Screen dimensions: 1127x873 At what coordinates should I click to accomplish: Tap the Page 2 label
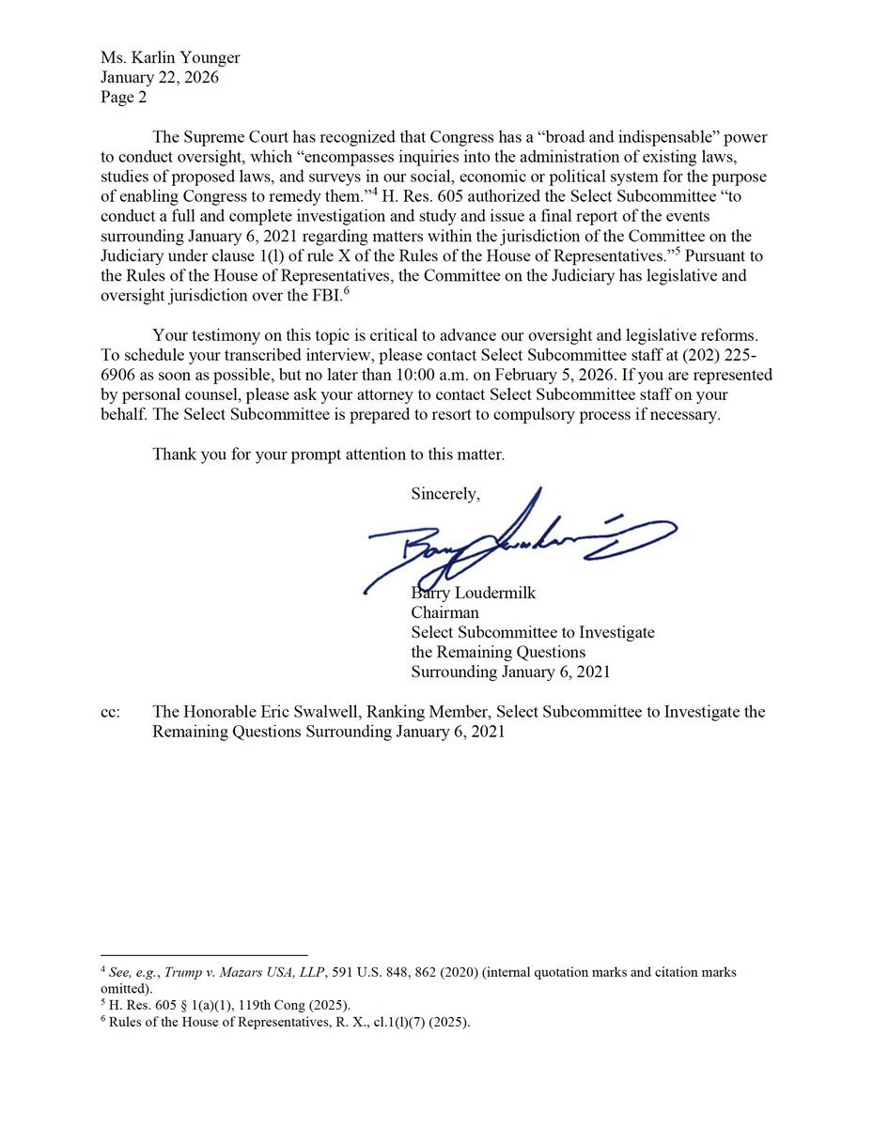[x=123, y=96]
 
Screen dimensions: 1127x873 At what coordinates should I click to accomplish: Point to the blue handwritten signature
[x=517, y=543]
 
